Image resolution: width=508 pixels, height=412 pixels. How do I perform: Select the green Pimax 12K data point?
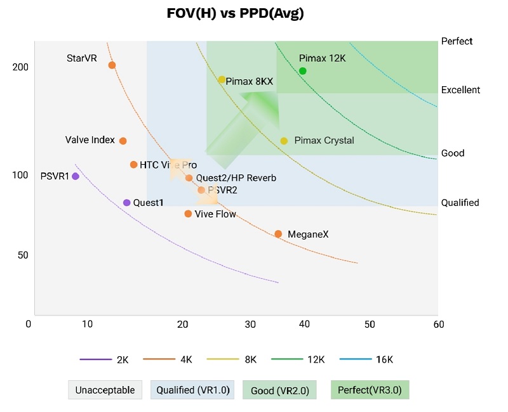303,71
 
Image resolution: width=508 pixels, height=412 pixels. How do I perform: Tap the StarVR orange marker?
112,65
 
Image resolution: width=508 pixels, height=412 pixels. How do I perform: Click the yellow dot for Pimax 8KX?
222,80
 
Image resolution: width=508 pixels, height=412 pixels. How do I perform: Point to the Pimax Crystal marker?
284,141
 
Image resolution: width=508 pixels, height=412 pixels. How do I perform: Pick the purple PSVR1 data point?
76,176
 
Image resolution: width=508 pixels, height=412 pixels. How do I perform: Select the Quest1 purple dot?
126,203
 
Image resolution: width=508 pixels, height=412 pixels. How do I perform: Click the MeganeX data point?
278,234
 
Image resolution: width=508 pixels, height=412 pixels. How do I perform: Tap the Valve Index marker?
123,141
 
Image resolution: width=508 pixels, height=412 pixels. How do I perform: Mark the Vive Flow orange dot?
188,214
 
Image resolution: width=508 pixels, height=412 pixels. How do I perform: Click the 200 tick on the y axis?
20,67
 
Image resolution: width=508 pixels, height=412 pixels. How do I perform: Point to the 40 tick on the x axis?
305,325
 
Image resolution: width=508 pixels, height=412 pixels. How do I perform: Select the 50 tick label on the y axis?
23,255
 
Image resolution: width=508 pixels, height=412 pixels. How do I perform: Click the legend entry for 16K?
366,359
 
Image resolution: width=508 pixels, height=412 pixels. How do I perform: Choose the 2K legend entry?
105,359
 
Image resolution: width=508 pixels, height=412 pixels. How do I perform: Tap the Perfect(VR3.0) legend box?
370,390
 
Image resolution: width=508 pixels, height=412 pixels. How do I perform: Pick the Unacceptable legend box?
105,390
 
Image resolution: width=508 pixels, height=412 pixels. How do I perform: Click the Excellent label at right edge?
460,90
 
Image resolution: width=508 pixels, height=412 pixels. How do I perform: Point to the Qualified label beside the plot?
460,203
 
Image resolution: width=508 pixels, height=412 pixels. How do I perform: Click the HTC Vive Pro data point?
133,165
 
